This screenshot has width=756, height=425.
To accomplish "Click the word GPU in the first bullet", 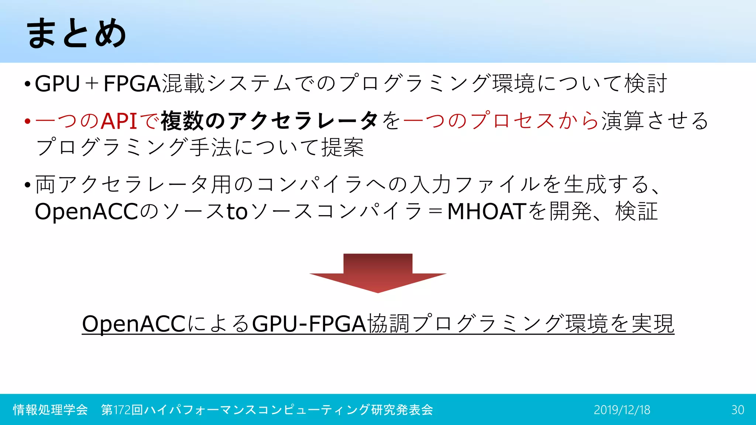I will point(57,84).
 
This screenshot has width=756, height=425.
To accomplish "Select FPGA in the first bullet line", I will point(132,84).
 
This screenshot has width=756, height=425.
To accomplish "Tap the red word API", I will point(119,121).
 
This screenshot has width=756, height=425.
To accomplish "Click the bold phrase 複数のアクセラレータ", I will point(269,121).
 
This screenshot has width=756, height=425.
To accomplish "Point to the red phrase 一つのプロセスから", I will point(501,121).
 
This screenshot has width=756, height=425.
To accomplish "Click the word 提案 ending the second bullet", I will point(343,148).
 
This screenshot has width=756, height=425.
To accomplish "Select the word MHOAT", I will point(487,211).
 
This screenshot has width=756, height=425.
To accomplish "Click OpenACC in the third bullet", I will point(86,211).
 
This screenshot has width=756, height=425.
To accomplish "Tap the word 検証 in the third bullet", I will point(636,211).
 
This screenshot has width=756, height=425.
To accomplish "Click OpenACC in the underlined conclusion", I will point(134,324).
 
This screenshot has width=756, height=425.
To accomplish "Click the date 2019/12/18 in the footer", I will point(622,410).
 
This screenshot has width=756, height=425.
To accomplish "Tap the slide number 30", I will point(738,410).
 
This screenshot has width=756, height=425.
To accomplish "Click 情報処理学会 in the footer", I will point(50,410).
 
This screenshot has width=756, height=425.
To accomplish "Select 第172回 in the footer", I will point(122,410).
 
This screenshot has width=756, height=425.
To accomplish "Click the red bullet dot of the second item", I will point(27,121).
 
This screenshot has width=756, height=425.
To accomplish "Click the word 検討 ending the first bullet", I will point(646,84).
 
